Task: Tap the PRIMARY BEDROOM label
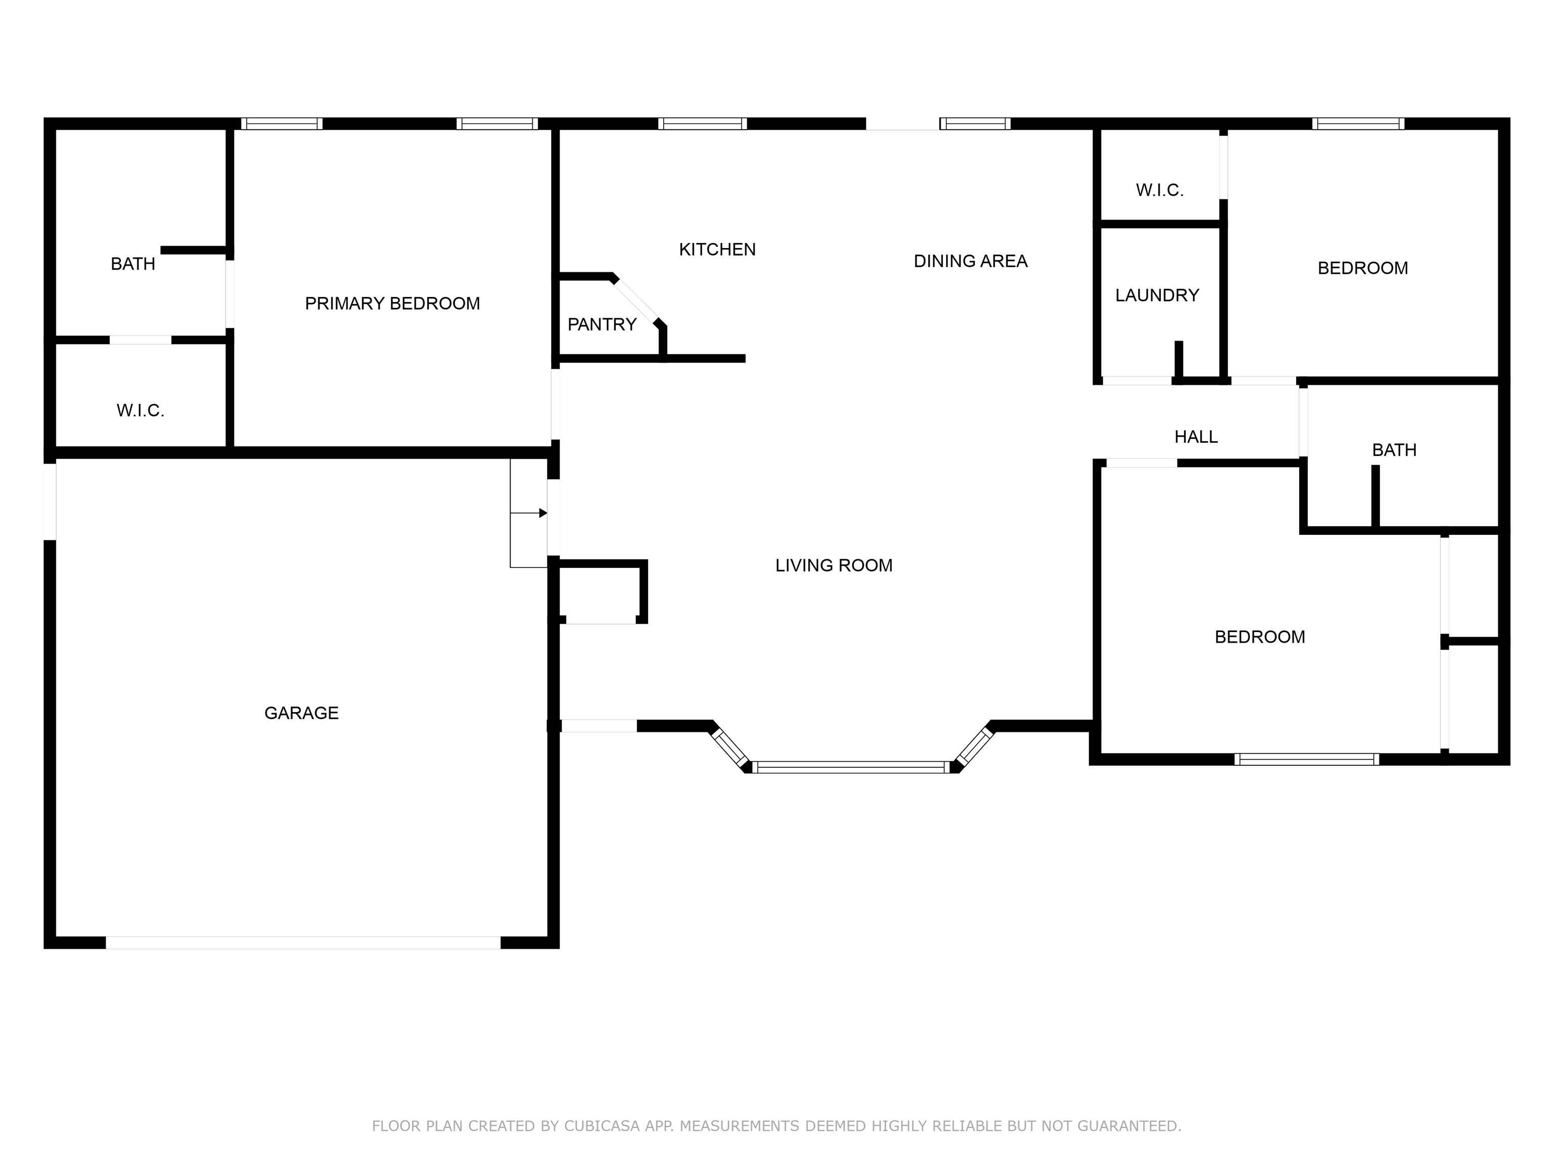392,303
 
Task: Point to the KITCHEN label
717,249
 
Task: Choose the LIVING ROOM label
834,565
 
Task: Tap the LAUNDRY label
1157,295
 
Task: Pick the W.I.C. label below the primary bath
141,410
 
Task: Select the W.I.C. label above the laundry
1160,190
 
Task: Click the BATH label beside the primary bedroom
133,264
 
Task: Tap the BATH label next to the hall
1394,450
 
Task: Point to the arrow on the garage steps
542,513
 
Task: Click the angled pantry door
636,301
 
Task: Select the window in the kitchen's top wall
702,123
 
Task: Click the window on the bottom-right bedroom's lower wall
1306,759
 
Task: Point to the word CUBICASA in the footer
602,1126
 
